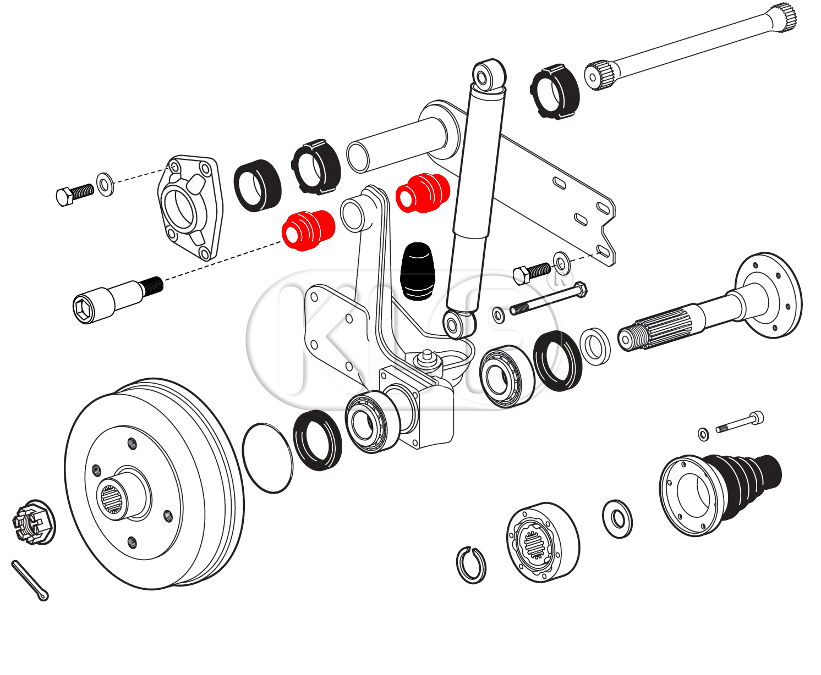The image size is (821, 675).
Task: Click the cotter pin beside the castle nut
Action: pyautogui.click(x=30, y=580)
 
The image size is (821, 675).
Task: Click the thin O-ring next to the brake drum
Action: pyautogui.click(x=267, y=457)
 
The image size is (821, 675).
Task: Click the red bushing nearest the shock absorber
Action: pyautogui.click(x=423, y=192)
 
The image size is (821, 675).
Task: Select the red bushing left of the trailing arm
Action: pyautogui.click(x=308, y=230)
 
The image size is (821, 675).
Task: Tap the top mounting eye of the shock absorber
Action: pyautogui.click(x=488, y=75)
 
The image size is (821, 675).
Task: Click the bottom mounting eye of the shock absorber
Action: pyautogui.click(x=456, y=324)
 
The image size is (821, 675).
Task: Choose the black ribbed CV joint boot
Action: pyautogui.click(x=748, y=476)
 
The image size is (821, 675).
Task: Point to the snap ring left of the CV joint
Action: pyautogui.click(x=471, y=565)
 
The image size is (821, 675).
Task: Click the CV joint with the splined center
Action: pyautogui.click(x=541, y=541)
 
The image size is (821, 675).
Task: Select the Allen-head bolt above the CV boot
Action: pyautogui.click(x=740, y=423)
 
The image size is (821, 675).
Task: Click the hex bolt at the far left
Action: pyautogui.click(x=74, y=193)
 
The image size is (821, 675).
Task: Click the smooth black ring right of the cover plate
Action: pyautogui.click(x=257, y=185)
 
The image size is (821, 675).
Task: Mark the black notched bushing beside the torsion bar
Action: pyautogui.click(x=554, y=91)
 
